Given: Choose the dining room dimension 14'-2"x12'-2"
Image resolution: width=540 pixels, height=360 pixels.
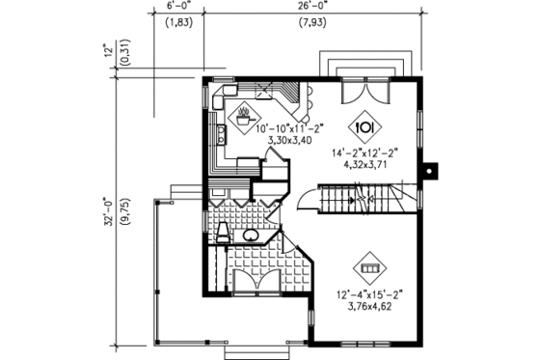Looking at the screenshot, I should pos(366,152).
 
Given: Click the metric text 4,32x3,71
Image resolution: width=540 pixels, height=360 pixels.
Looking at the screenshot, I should pos(366,164).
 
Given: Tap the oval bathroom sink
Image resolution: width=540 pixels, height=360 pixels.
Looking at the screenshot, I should pos(249,235).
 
